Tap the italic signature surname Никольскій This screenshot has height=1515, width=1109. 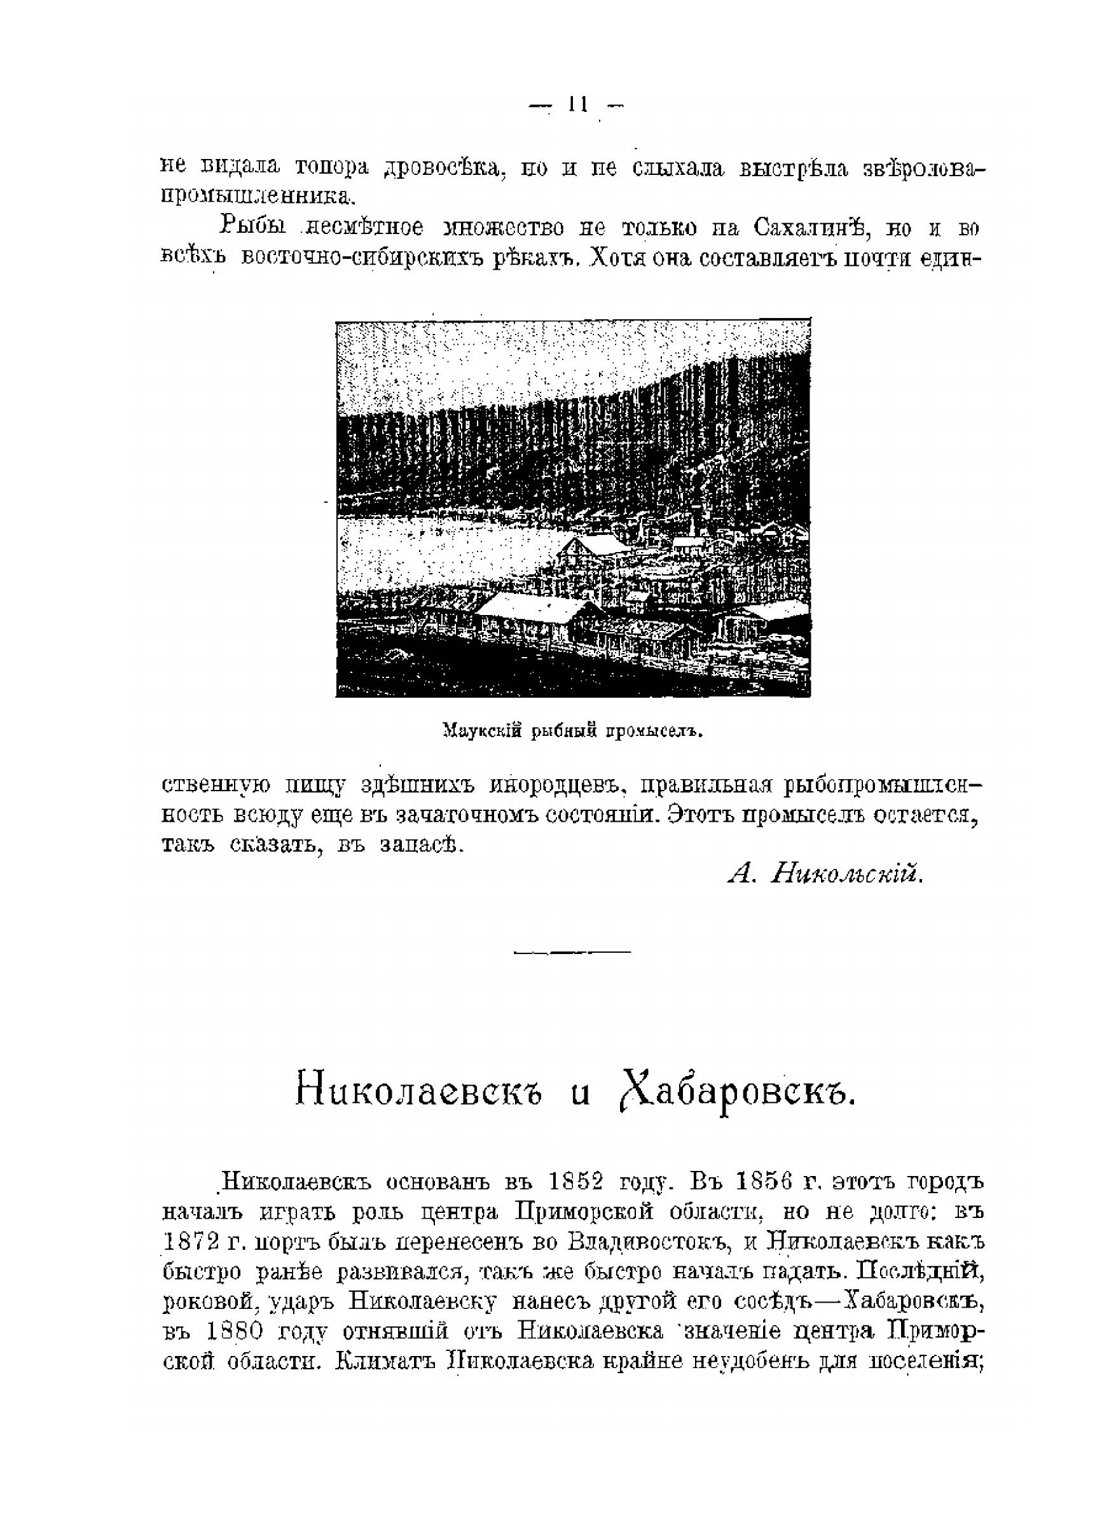click(x=848, y=874)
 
